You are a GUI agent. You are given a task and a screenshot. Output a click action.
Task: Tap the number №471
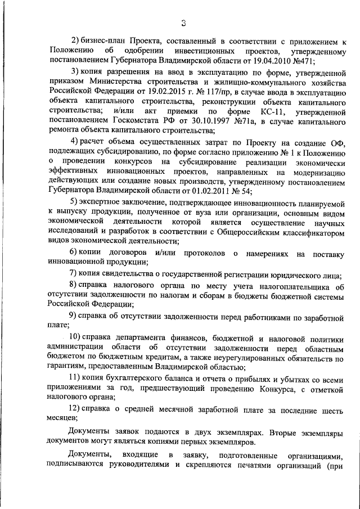302,60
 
